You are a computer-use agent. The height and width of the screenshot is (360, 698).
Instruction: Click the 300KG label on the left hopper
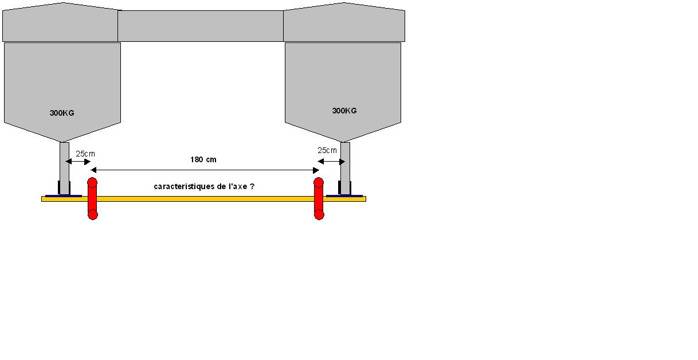[62, 113]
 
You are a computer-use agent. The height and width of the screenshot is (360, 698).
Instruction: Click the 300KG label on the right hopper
[344, 111]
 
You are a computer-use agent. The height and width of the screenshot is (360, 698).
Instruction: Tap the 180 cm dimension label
[203, 159]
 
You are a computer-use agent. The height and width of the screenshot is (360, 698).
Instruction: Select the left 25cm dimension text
[85, 154]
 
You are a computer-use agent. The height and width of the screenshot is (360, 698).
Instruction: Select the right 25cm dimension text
[327, 150]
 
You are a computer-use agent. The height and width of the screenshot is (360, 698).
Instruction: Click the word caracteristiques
[181, 186]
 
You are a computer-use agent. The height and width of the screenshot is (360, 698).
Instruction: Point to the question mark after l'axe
[252, 186]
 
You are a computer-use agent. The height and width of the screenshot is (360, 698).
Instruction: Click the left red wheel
[92, 198]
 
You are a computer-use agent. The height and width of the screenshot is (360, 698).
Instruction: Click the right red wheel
[319, 198]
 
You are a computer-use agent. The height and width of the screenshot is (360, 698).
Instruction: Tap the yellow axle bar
[203, 199]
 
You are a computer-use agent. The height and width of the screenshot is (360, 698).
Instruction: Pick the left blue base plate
[63, 195]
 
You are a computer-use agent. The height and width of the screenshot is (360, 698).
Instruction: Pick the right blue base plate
[344, 195]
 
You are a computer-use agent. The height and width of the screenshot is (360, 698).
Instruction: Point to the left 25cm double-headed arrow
[78, 162]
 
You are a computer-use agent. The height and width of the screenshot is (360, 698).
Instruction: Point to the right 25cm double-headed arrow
[330, 162]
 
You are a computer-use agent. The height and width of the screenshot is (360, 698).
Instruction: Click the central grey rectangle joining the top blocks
[201, 26]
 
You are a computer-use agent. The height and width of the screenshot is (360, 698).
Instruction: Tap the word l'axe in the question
[238, 186]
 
